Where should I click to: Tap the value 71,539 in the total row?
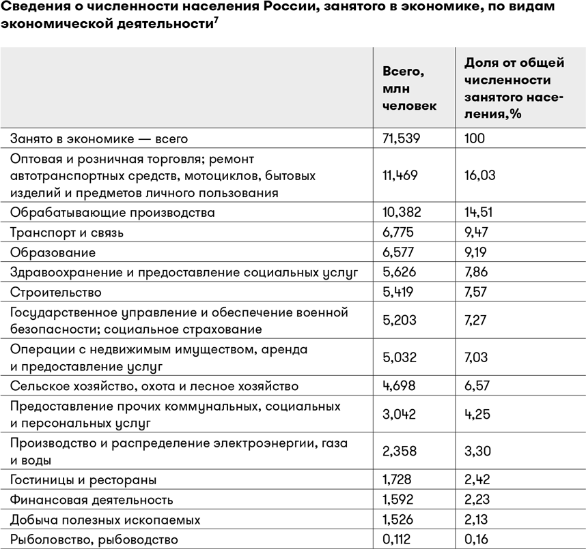click(400, 138)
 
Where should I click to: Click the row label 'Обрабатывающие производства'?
click(112, 213)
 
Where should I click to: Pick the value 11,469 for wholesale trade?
click(400, 175)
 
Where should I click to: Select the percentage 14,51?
click(479, 213)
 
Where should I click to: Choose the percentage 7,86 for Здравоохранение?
click(477, 272)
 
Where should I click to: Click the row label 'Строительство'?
click(55, 292)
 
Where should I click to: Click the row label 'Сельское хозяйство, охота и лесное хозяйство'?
click(154, 387)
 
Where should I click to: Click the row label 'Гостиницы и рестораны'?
click(83, 480)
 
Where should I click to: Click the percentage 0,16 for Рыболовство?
click(477, 539)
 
